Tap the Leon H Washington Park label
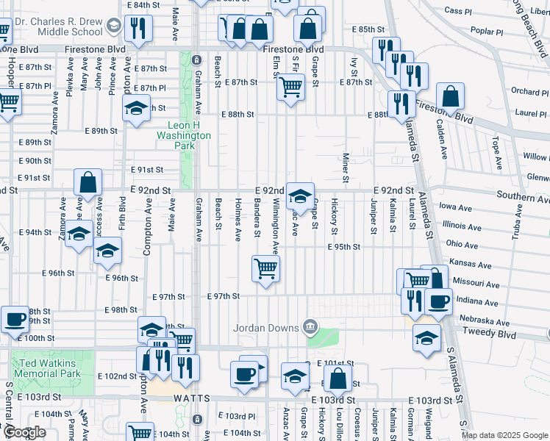[183, 135]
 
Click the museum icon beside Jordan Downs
[310, 326]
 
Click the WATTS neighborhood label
[193, 398]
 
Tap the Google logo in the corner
[24, 433]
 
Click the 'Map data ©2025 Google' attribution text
[504, 435]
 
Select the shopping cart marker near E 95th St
[265, 268]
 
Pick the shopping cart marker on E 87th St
[291, 87]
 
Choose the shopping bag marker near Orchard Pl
[450, 96]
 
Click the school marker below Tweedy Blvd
[426, 337]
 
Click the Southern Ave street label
[523, 196]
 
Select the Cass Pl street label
[457, 11]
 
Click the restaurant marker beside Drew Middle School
[138, 29]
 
